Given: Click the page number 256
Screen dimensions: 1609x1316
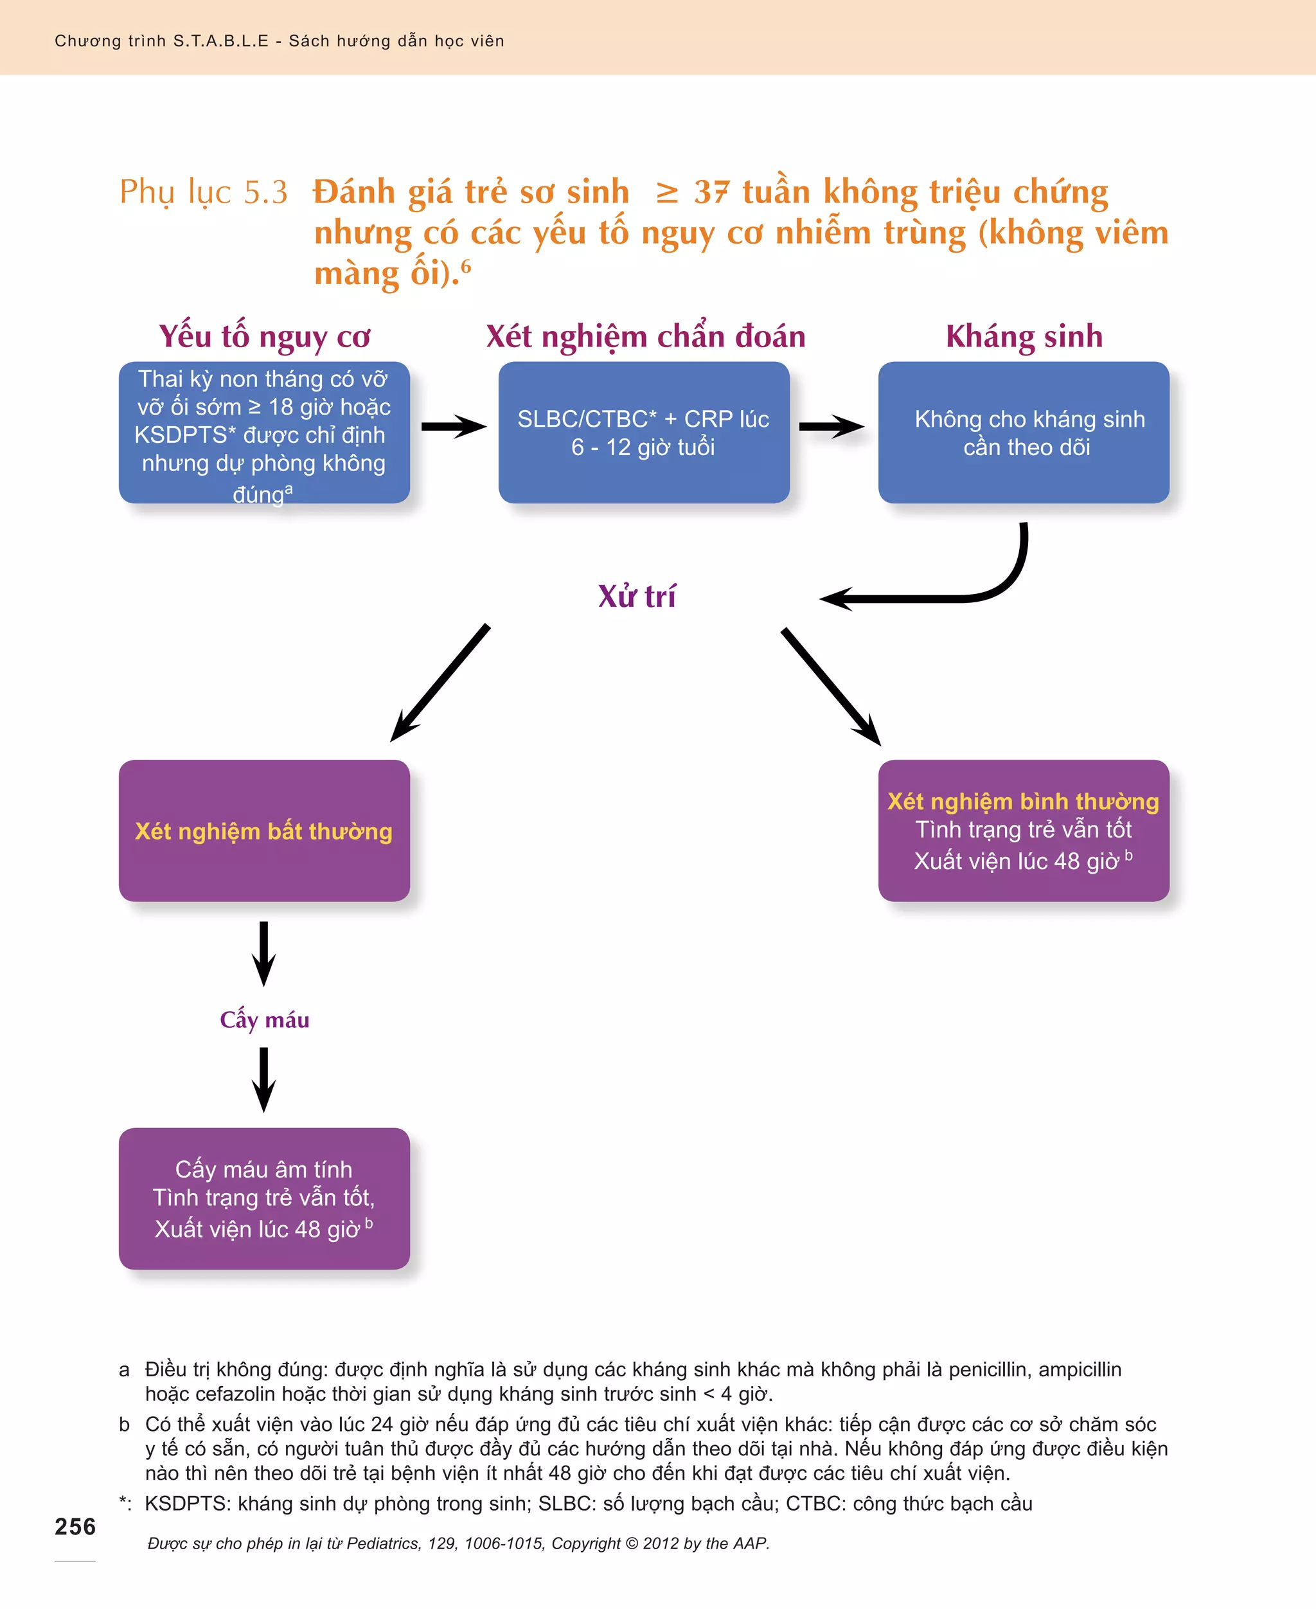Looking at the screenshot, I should (75, 1525).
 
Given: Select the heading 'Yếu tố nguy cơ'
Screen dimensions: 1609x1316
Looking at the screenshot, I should (264, 337).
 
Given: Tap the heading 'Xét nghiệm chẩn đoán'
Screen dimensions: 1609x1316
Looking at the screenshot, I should (645, 337).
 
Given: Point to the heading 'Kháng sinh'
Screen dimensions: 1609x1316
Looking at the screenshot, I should (1024, 337).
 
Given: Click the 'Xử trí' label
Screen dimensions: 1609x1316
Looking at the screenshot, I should (637, 597).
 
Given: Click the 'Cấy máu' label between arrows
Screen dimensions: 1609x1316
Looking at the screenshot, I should (264, 1019).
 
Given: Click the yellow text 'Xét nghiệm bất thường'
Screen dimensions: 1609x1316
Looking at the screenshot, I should (264, 831).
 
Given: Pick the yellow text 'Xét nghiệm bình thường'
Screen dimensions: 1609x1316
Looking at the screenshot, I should (1024, 802).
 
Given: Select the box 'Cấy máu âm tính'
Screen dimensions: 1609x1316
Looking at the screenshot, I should (264, 1198).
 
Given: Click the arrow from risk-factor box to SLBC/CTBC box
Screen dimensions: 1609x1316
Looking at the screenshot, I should (453, 426).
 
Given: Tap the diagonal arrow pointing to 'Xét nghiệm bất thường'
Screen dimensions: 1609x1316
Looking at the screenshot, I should (440, 683).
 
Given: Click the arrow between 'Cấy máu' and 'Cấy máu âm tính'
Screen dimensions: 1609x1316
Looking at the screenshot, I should (264, 1079).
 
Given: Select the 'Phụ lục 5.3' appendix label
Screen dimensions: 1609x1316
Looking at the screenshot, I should (203, 192).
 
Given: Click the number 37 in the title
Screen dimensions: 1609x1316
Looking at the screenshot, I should (711, 192).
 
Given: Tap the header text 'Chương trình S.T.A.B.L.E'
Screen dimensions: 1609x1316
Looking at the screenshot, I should (161, 41).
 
